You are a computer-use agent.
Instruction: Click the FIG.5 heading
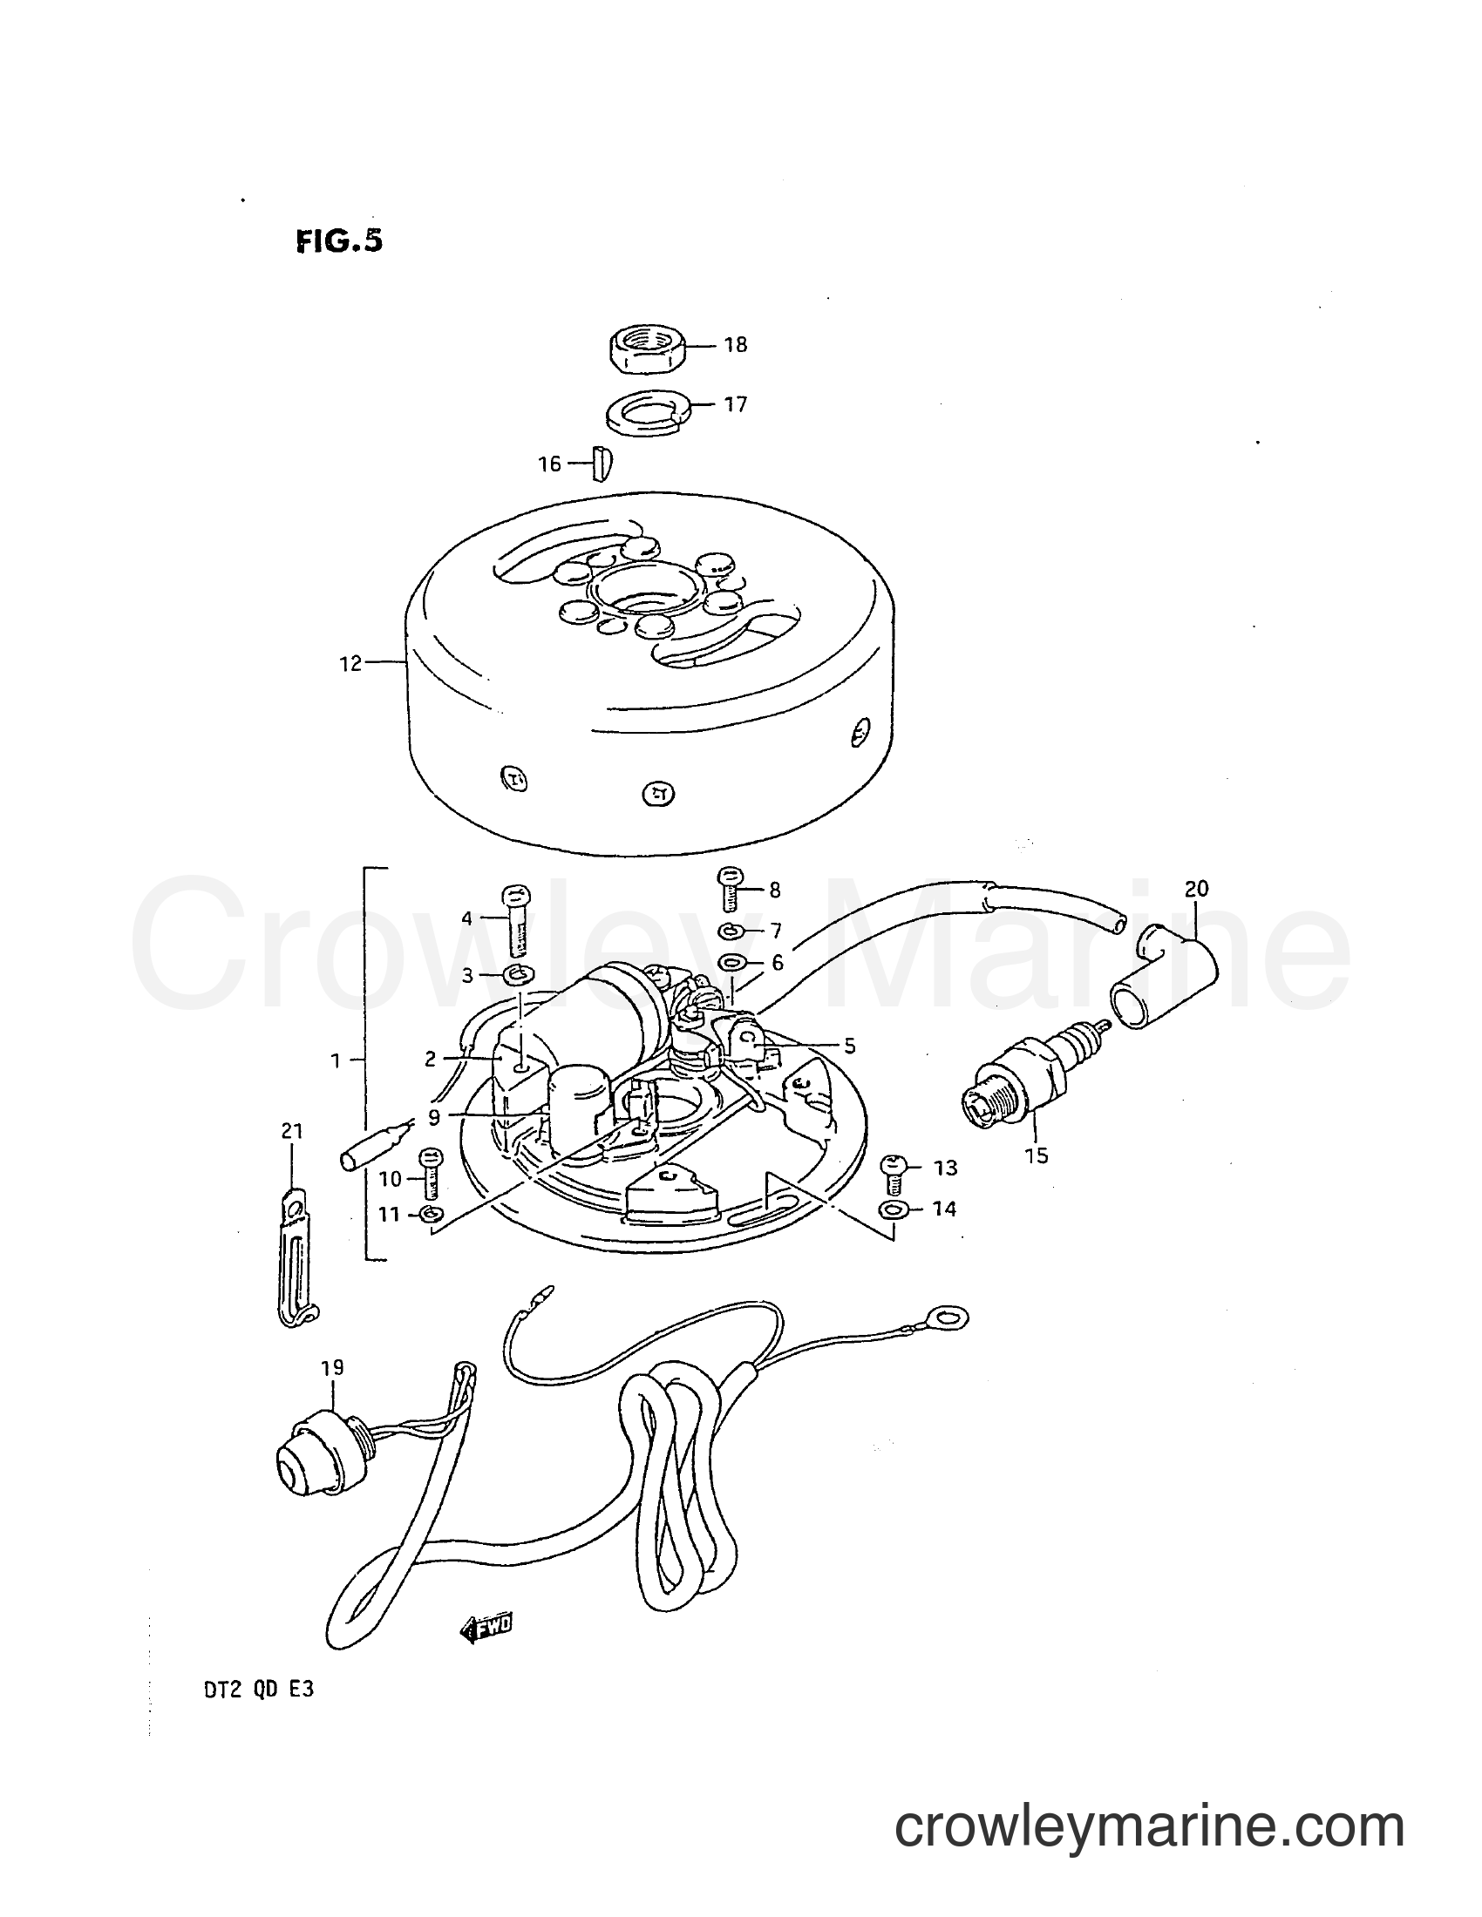340,241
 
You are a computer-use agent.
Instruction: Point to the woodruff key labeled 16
602,464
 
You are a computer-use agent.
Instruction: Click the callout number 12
350,664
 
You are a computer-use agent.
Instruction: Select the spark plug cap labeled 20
1166,979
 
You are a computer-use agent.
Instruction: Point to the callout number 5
849,1046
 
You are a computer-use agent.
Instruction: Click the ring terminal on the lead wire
949,1340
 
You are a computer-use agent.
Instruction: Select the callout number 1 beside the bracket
335,1061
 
